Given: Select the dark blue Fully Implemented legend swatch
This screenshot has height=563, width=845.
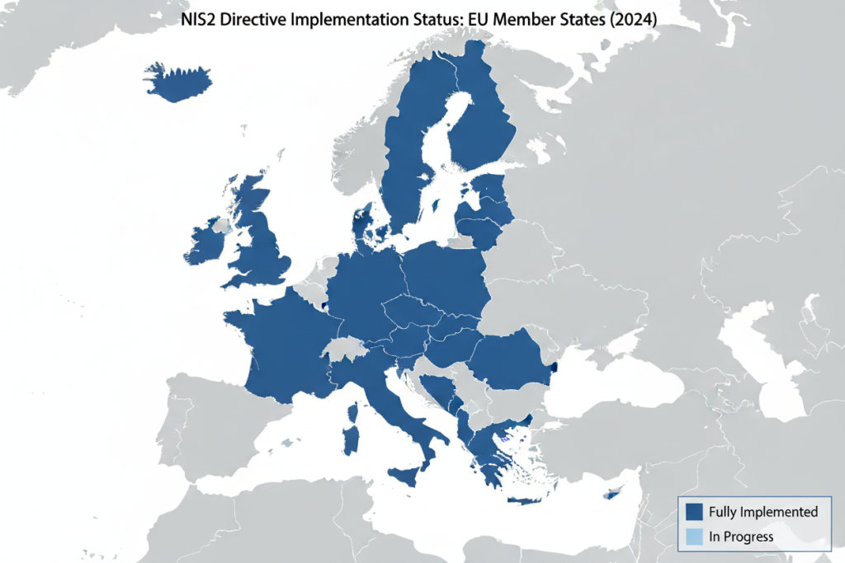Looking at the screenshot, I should point(693,512).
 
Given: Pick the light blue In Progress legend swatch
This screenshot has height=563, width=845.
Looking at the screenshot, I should point(693,537).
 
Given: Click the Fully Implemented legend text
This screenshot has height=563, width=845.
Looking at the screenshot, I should point(763,512).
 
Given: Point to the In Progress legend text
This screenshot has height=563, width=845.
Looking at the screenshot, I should point(741,537).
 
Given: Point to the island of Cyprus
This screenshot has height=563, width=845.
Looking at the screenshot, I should point(614,492).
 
